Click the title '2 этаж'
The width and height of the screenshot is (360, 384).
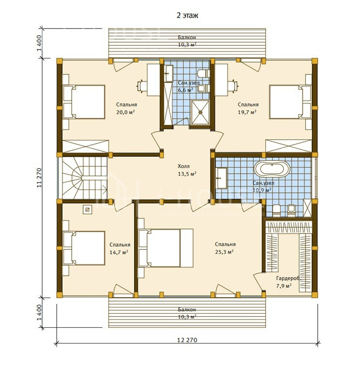pos(187,16)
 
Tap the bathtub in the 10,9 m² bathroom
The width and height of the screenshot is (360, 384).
pos(272,169)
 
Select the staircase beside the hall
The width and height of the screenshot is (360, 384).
pos(85,178)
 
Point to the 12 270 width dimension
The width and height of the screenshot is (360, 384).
pos(187,340)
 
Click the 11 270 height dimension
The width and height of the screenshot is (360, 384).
pos(39,178)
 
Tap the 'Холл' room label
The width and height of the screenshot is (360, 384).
pos(184,167)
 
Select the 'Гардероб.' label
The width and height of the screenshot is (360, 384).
pos(288,279)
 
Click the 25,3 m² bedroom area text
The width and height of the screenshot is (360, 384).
pos(224,252)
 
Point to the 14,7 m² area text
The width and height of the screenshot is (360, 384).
pos(119,252)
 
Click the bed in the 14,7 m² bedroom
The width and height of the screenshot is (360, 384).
pos(84,248)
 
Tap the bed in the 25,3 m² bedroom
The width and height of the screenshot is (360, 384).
pos(166,248)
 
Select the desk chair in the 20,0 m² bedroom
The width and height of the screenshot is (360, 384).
pos(141,86)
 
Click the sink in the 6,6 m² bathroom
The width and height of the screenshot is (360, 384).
pos(169,73)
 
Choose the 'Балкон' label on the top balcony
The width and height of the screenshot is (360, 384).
pos(187,37)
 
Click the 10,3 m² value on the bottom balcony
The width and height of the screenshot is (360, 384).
pos(187,317)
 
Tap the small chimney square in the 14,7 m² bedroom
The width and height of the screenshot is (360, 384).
pos(87,209)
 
